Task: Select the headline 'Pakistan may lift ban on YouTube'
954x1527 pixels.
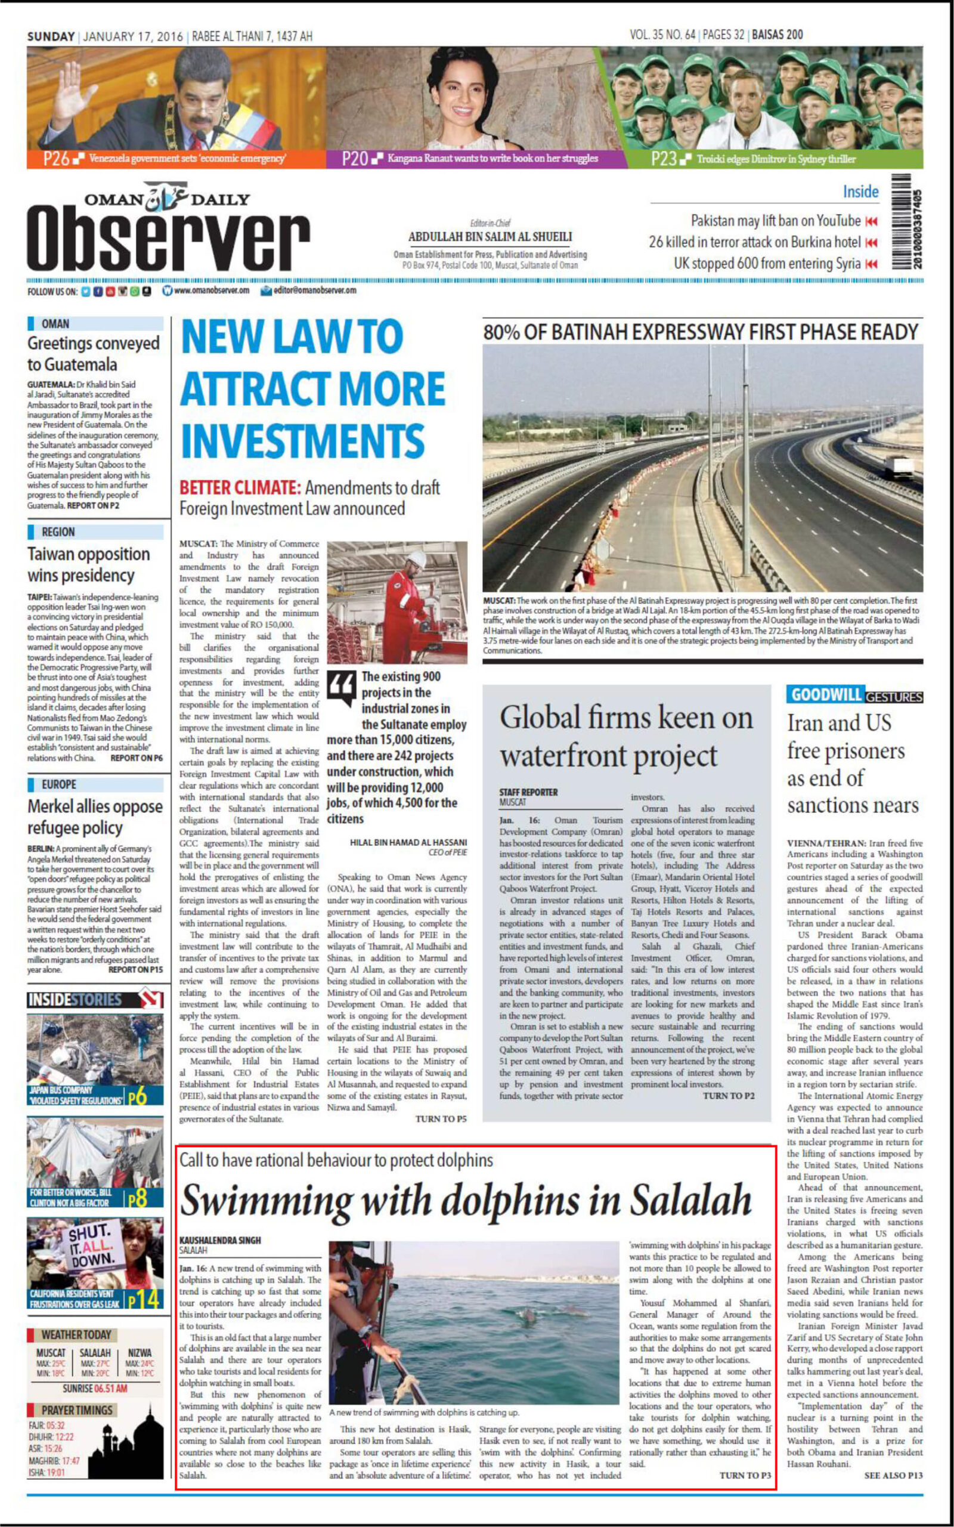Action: click(776, 221)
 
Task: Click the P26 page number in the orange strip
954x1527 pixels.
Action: click(56, 159)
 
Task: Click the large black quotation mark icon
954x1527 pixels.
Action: click(341, 688)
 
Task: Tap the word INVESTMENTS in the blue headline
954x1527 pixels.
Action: click(302, 440)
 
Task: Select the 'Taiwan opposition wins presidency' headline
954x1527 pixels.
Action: click(89, 564)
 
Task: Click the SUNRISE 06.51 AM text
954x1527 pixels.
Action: click(95, 1388)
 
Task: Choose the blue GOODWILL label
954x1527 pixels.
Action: click(825, 695)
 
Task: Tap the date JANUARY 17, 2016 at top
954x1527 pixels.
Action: click(133, 36)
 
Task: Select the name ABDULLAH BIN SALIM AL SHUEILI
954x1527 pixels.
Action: click(490, 237)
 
